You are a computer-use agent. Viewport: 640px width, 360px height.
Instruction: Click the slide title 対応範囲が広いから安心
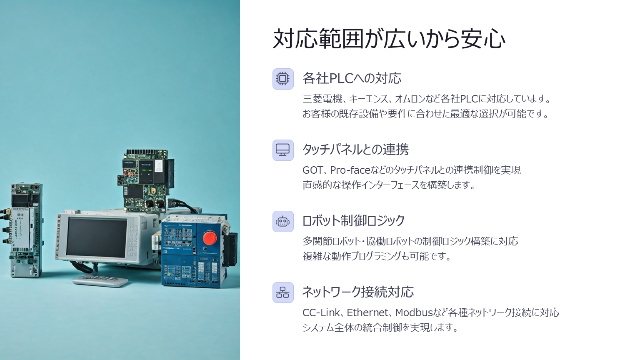coord(389,39)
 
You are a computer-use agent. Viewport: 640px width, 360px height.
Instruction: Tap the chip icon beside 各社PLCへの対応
coord(283,79)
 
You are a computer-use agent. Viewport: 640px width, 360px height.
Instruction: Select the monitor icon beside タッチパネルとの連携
coord(283,150)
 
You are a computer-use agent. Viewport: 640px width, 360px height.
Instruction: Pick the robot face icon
coord(283,221)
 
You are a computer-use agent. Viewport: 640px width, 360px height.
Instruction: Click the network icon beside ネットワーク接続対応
coord(283,292)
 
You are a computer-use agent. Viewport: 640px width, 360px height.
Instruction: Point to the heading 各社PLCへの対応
coord(352,78)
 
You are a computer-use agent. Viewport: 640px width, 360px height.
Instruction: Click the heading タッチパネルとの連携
coord(356,150)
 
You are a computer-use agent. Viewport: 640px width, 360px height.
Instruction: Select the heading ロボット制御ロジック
coord(354,220)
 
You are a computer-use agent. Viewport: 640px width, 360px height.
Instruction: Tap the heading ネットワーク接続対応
coord(358,292)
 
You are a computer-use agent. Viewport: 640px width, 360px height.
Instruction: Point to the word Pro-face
coord(350,170)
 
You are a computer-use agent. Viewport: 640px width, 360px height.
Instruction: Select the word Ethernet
coord(368,313)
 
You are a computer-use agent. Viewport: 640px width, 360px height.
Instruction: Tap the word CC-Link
coord(321,313)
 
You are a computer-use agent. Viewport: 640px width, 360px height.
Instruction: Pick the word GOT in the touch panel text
coord(313,170)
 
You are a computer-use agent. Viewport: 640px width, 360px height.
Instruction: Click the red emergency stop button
coord(210,238)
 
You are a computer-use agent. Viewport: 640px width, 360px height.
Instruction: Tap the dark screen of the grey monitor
coord(97,237)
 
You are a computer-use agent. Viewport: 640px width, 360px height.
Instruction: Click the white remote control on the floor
coord(100,281)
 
